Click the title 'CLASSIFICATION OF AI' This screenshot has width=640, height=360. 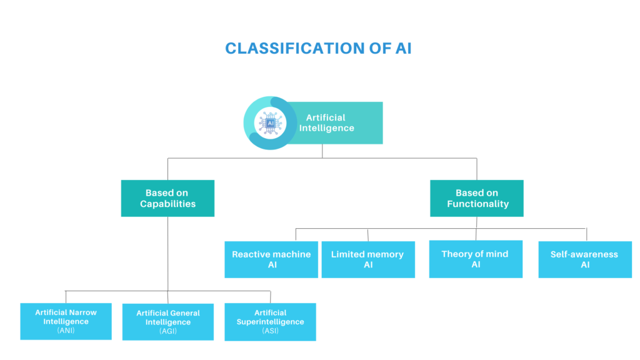pyautogui.click(x=318, y=48)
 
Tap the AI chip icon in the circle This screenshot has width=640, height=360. pyautogui.click(x=270, y=123)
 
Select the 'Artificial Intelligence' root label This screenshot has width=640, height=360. pyautogui.click(x=326, y=123)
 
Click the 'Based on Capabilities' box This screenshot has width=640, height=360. pyautogui.click(x=167, y=198)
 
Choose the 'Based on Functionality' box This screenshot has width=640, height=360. pyautogui.click(x=477, y=198)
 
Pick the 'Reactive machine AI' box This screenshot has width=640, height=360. pyautogui.click(x=271, y=259)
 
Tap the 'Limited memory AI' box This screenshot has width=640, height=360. pyautogui.click(x=368, y=259)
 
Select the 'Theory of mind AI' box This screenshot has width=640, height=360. pyautogui.click(x=476, y=259)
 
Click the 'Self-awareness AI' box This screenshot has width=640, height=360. pyautogui.click(x=585, y=259)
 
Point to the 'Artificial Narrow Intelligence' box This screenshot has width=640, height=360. pyautogui.click(x=66, y=321)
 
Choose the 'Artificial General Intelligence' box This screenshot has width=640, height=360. pyautogui.click(x=167, y=322)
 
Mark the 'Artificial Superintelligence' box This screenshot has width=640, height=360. pyautogui.click(x=270, y=322)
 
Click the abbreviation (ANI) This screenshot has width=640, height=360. pyautogui.click(x=66, y=330)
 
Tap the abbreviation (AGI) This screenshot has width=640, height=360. pyautogui.click(x=167, y=331)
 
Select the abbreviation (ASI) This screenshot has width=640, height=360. pyautogui.click(x=270, y=331)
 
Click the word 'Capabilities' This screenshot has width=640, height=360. pyautogui.click(x=167, y=204)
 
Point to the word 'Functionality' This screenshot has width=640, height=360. pyautogui.click(x=478, y=204)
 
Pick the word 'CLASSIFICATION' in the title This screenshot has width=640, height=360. pyautogui.click(x=295, y=48)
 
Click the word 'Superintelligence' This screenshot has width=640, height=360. pyautogui.click(x=270, y=322)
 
